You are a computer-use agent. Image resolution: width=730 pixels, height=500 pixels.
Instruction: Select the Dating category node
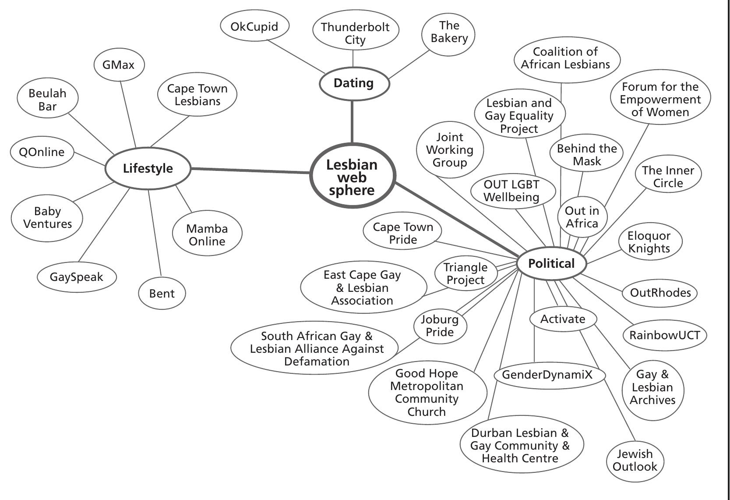click(354, 83)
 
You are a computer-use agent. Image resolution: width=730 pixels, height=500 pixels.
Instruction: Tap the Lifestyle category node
click(148, 168)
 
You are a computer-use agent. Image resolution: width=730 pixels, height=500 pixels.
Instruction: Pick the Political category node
click(551, 263)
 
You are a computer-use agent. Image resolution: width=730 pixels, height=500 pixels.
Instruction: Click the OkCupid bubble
click(254, 26)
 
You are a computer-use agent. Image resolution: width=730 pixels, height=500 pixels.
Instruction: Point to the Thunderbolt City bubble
click(355, 33)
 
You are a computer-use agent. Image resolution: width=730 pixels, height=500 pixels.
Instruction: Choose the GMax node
click(119, 65)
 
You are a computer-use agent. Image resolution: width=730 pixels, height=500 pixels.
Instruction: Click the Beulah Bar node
click(48, 99)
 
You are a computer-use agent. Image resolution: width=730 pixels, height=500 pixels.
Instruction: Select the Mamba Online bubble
click(207, 234)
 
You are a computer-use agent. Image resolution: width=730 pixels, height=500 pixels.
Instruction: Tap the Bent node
click(162, 293)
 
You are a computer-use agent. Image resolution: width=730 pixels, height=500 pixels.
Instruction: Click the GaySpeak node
click(77, 277)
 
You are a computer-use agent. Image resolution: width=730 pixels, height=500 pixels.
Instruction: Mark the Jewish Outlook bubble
click(635, 460)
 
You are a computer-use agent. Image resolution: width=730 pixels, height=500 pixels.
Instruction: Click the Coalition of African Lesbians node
click(566, 58)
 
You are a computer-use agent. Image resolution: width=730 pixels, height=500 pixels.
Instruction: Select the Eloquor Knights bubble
click(649, 242)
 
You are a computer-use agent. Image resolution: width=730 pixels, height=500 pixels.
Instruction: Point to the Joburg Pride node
click(440, 326)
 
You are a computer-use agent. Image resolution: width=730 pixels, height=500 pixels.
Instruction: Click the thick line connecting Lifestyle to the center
click(250, 170)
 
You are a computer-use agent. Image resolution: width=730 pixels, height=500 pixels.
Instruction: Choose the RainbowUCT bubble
click(664, 335)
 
